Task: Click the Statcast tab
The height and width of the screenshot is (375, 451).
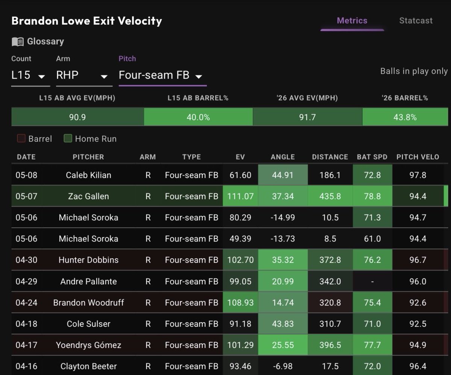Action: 416,21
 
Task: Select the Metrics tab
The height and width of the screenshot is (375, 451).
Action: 352,21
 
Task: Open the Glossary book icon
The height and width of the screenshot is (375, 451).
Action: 18,42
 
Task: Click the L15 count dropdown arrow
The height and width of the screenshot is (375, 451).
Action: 41,76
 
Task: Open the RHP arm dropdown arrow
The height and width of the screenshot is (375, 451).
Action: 104,76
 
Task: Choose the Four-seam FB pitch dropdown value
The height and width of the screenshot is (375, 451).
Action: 154,75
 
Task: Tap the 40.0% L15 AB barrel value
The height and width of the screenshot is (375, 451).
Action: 198,117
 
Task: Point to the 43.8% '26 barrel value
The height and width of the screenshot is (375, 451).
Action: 405,117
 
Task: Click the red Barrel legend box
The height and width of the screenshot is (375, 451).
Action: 21,138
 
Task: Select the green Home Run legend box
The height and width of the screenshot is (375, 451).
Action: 68,138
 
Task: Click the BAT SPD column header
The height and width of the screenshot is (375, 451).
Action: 372,157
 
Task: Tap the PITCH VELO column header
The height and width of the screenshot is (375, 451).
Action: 418,157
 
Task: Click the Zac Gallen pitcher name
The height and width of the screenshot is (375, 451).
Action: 89,196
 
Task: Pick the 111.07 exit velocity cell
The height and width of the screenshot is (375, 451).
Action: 241,196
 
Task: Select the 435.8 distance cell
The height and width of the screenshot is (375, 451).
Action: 330,196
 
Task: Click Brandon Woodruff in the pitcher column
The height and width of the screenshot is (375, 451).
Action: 89,303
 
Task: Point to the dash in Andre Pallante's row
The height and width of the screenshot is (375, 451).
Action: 372,282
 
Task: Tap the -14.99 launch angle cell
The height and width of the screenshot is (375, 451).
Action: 283,217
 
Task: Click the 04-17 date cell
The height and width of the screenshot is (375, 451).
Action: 26,345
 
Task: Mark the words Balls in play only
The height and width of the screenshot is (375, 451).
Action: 414,71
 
